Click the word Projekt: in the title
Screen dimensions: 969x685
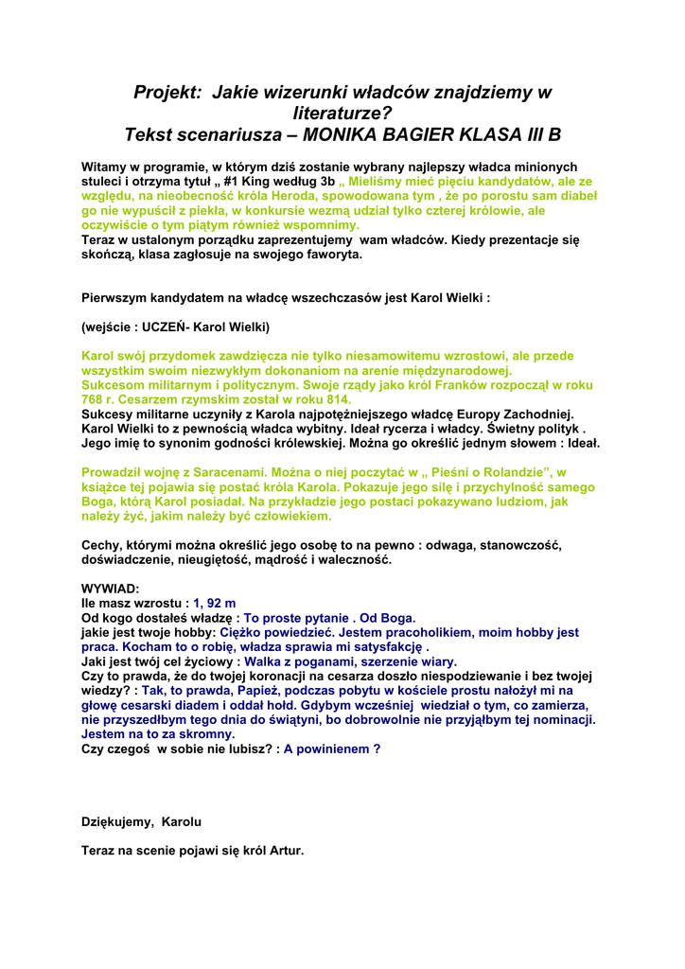[x=167, y=93]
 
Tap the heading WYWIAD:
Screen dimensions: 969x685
[x=111, y=589]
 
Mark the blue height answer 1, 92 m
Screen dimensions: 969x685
[x=215, y=603]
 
